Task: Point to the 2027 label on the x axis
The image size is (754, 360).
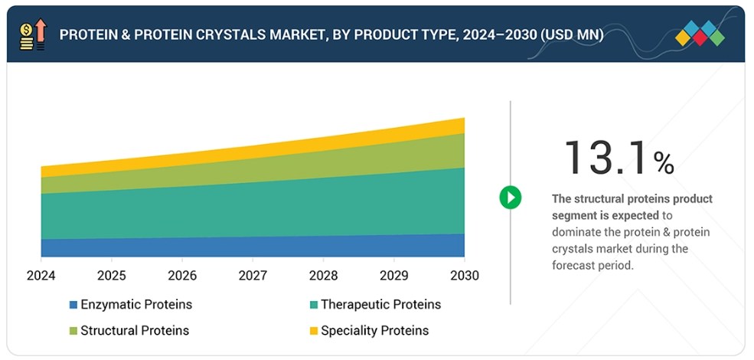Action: click(253, 276)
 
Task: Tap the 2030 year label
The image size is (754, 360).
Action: click(464, 276)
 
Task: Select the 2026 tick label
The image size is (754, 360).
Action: click(182, 276)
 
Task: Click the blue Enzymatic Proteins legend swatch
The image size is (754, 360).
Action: click(73, 305)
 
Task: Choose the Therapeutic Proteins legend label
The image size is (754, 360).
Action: click(380, 305)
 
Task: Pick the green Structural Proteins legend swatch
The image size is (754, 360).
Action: click(73, 331)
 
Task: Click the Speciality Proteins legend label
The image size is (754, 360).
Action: click(374, 331)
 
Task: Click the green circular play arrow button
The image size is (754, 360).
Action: click(511, 198)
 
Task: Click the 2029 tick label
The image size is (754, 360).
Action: click(393, 276)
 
